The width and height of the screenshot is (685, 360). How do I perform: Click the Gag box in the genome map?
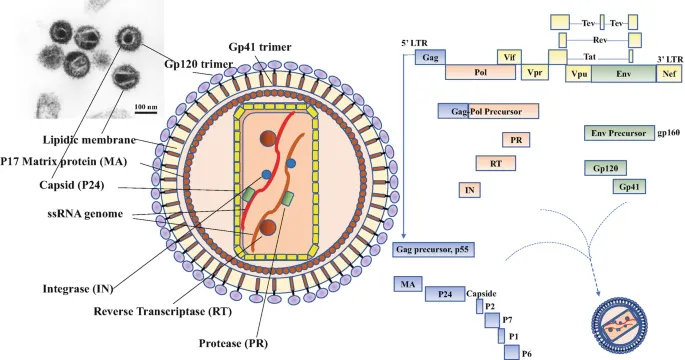[429, 58]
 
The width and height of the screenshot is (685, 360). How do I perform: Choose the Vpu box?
[578, 73]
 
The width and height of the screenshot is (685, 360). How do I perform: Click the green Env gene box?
[624, 73]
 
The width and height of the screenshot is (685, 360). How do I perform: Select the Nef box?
[668, 73]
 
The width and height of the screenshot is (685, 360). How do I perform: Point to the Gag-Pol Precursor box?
[488, 111]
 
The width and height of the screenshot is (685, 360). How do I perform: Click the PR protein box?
[515, 139]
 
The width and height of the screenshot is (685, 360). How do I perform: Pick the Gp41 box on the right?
[629, 186]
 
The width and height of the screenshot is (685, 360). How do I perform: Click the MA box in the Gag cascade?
[407, 285]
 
